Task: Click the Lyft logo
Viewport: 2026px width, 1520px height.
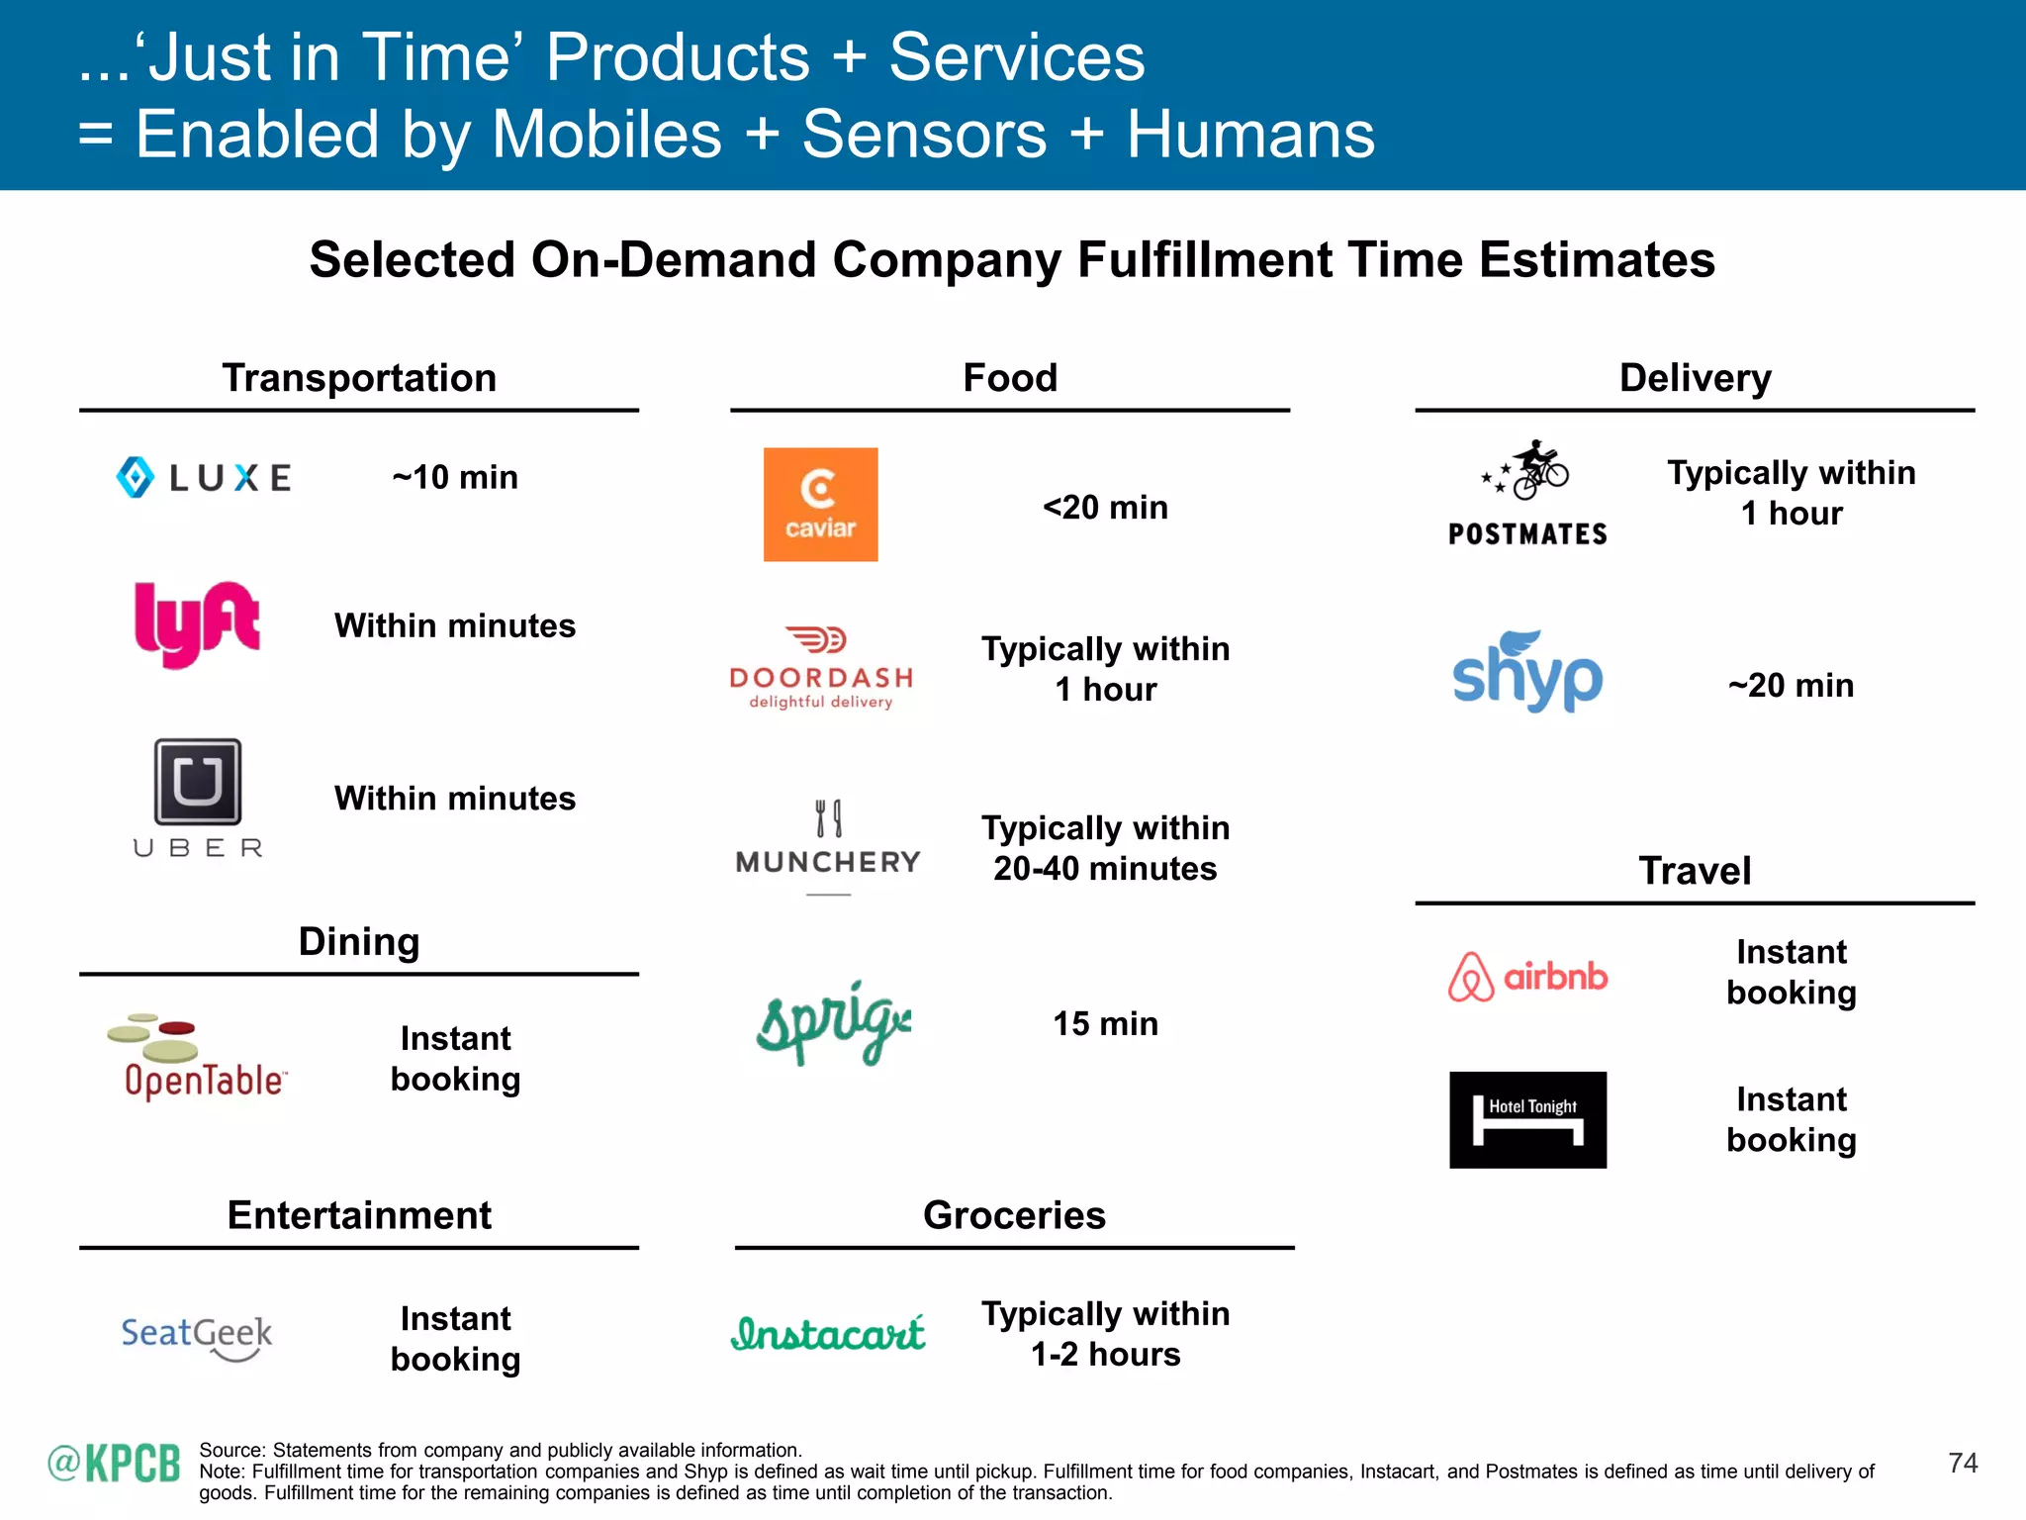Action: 197,623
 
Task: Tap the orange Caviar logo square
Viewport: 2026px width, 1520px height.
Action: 820,505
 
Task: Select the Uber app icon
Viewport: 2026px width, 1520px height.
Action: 198,782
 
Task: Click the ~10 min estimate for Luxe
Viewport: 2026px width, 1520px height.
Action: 455,477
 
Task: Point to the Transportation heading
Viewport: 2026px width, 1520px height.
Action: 359,378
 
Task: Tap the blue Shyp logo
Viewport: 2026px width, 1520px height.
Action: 1526,673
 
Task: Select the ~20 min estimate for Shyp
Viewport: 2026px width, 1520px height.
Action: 1791,685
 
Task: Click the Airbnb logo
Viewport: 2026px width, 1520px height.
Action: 1527,977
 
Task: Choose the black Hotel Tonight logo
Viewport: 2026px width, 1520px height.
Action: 1527,1119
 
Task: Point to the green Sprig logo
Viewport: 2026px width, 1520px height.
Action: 833,1023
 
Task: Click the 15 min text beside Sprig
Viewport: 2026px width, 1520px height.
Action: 1105,1023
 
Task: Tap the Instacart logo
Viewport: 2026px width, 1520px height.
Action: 828,1334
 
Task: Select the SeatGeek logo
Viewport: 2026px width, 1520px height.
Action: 197,1336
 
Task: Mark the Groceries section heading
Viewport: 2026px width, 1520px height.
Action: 1014,1215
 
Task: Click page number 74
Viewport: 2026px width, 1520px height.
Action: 1963,1463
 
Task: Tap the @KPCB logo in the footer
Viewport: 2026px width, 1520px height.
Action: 115,1463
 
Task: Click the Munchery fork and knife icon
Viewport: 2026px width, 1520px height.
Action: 829,818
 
